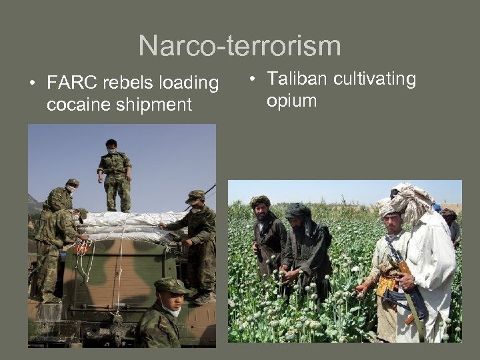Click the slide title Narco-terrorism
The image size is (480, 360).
click(x=239, y=46)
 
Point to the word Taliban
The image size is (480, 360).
click(x=297, y=79)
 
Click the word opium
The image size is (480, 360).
click(x=291, y=101)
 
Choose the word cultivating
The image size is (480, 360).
click(x=375, y=79)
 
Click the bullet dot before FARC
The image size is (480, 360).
click(x=32, y=84)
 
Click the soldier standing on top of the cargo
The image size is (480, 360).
click(x=115, y=173)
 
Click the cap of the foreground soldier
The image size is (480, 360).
click(x=171, y=285)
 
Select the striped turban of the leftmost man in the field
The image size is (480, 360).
click(x=260, y=201)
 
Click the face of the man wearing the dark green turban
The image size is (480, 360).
click(x=297, y=220)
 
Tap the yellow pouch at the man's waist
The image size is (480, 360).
click(x=386, y=287)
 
